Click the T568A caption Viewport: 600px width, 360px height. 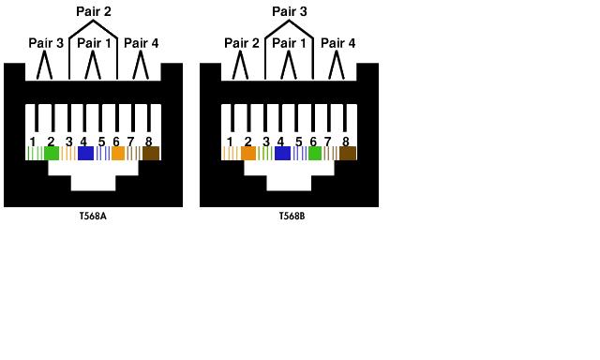[93, 216]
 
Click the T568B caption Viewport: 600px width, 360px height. [292, 216]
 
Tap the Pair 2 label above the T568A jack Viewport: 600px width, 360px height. [94, 11]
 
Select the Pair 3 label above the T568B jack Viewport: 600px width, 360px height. [290, 11]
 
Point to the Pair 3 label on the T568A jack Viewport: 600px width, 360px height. [46, 43]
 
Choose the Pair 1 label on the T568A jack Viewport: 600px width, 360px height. [94, 43]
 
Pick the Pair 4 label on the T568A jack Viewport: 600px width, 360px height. [142, 43]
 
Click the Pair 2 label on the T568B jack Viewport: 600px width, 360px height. [242, 43]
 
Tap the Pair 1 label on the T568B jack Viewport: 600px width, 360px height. [290, 43]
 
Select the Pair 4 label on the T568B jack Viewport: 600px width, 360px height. [337, 43]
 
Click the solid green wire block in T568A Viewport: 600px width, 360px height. [52, 154]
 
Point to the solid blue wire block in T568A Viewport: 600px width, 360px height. [85, 154]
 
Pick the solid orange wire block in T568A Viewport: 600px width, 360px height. [118, 154]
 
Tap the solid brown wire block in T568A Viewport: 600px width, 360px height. [151, 154]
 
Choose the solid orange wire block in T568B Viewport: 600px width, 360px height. [248, 154]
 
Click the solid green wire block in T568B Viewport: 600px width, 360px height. [315, 154]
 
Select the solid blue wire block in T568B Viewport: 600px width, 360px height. [282, 154]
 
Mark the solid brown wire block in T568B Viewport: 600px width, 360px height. [348, 154]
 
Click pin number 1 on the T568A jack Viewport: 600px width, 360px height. [33, 142]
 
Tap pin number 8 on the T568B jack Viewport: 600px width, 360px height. [346, 142]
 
